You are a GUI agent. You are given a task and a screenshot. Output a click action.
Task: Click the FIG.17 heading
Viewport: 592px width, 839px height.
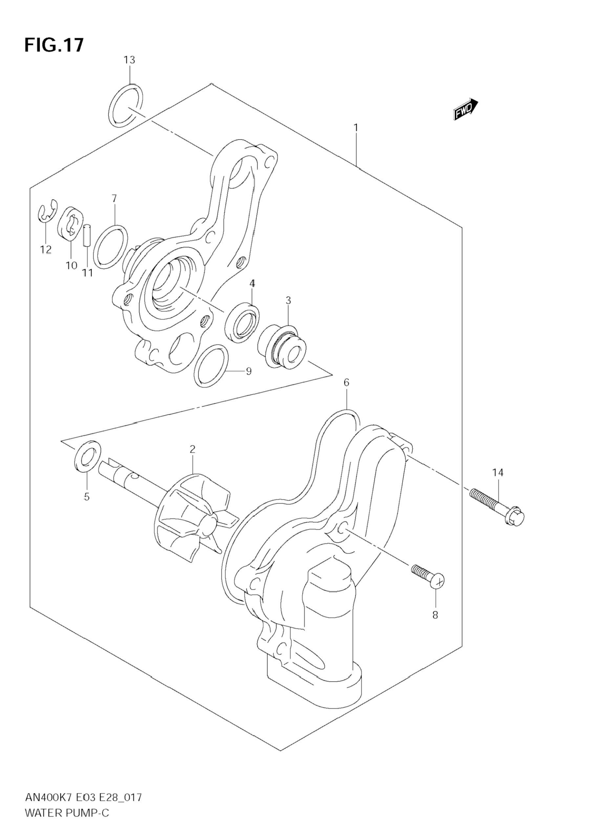pos(54,45)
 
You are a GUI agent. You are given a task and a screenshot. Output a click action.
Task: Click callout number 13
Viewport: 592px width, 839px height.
pos(129,60)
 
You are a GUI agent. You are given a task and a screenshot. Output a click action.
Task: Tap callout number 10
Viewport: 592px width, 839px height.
pos(71,265)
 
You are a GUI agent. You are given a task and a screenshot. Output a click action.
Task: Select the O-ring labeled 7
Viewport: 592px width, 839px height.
pos(110,247)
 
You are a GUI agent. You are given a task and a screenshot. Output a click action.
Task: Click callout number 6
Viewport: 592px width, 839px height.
pos(346,383)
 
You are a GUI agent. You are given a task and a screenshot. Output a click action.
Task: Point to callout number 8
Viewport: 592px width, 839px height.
pos(435,615)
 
